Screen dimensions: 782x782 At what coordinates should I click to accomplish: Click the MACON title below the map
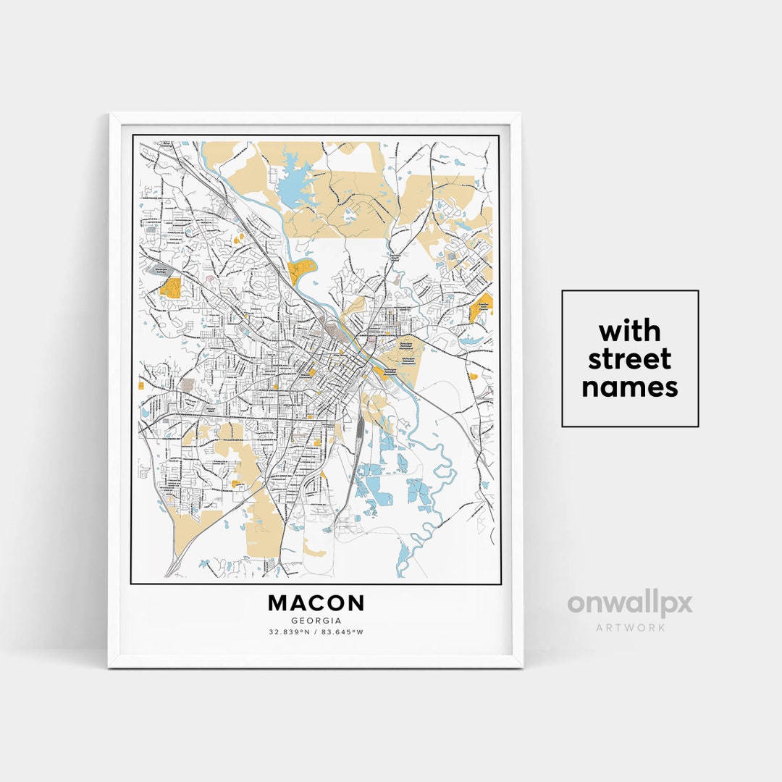[316, 603]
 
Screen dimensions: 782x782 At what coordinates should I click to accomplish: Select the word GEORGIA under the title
[316, 621]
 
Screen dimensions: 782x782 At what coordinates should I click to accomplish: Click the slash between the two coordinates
[316, 632]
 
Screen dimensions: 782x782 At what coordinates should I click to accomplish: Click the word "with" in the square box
[629, 332]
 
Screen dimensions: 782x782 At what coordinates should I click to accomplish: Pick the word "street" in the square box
[629, 359]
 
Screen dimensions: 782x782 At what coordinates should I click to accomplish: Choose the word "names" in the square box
[629, 387]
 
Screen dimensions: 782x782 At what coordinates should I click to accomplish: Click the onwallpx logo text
[629, 603]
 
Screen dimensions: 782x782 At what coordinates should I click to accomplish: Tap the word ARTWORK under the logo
[630, 627]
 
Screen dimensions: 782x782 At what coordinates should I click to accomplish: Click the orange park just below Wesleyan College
[169, 287]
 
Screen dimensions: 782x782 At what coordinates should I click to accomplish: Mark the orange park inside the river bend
[301, 271]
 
